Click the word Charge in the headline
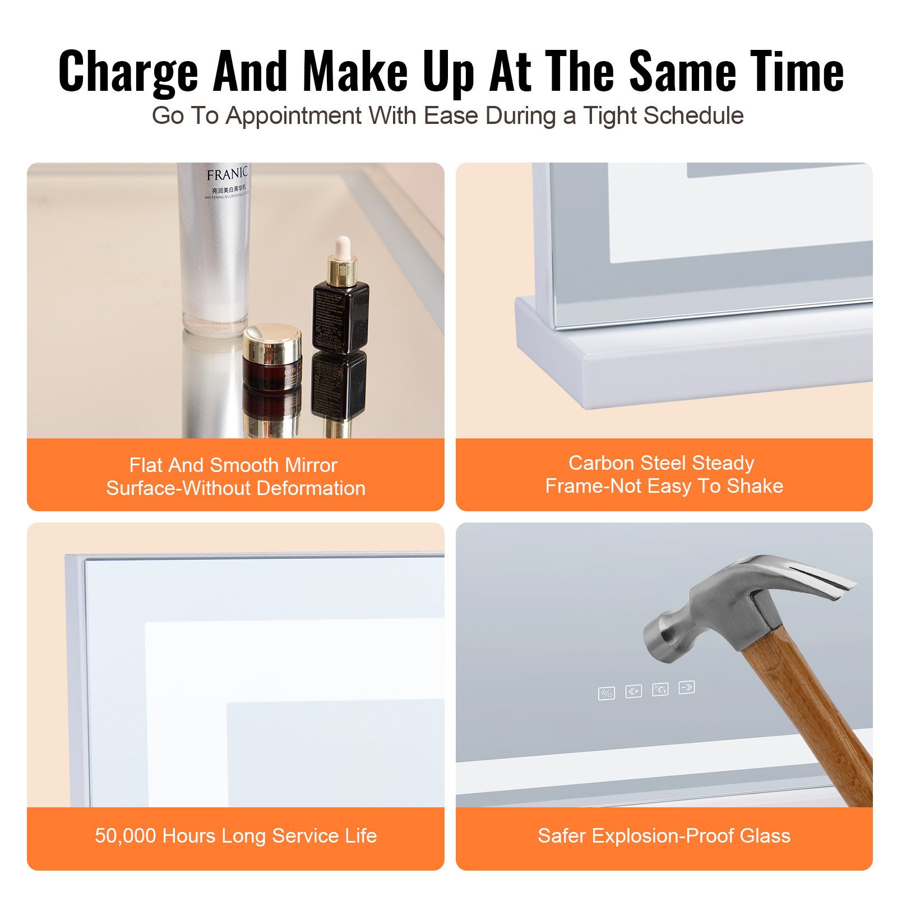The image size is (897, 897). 128,72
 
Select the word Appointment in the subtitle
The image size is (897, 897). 294,116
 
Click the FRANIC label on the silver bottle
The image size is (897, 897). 226,174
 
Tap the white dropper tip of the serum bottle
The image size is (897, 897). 342,246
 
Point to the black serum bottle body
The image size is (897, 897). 340,317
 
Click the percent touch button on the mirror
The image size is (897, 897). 606,693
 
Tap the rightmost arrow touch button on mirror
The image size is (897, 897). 687,687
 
